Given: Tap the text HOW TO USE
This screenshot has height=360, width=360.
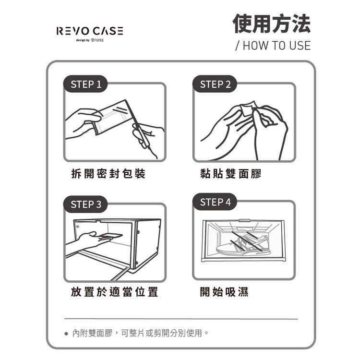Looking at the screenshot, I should (273, 46).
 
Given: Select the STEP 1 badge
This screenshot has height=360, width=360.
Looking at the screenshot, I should (86, 84).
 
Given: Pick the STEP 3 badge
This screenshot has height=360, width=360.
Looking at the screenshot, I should (86, 204).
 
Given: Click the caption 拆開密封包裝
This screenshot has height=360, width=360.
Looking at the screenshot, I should (108, 174).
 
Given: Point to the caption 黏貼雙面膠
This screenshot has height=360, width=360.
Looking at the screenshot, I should (231, 174).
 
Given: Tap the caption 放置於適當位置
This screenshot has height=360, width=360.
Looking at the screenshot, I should (115, 292).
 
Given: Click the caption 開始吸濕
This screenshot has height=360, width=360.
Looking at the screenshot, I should (224, 292).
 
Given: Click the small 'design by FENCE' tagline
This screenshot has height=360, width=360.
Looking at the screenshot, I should (90, 40).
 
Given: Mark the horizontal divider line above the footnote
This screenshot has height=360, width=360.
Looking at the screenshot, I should (181, 319).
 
